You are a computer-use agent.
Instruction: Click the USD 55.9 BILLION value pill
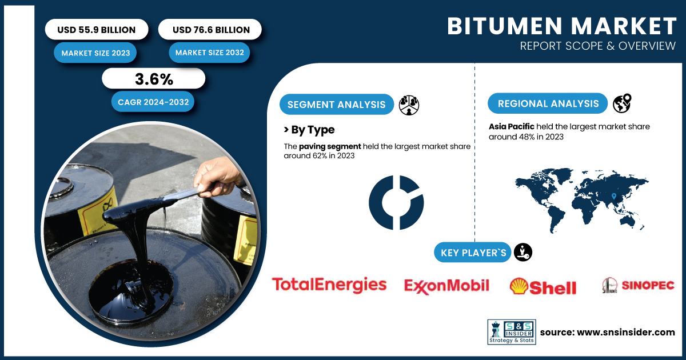coord(97,29)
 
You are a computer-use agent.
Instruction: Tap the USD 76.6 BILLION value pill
coord(210,29)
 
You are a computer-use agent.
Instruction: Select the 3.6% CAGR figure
coord(154,79)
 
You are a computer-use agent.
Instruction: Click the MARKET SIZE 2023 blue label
coord(95,53)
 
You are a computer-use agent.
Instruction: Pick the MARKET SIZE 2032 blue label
coord(209,53)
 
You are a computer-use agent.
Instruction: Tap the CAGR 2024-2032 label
coord(153,102)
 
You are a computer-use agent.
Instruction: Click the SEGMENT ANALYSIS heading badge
coord(337,105)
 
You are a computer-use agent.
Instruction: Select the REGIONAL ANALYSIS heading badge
coord(548,103)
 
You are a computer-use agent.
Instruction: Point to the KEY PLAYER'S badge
coord(473,252)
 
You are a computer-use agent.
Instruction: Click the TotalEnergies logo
coord(329,285)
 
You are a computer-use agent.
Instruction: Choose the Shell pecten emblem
coord(519,286)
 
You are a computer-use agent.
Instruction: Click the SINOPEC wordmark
coord(648,285)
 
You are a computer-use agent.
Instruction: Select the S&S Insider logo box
coord(512,332)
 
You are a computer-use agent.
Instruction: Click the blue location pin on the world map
coord(614,196)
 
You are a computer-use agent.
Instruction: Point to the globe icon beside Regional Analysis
coord(622,103)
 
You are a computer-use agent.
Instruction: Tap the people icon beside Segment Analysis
coord(409,105)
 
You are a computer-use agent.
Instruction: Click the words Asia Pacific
coord(512,126)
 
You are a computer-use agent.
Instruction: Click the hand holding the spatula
coord(217,178)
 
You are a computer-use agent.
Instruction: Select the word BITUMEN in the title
coord(505,26)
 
